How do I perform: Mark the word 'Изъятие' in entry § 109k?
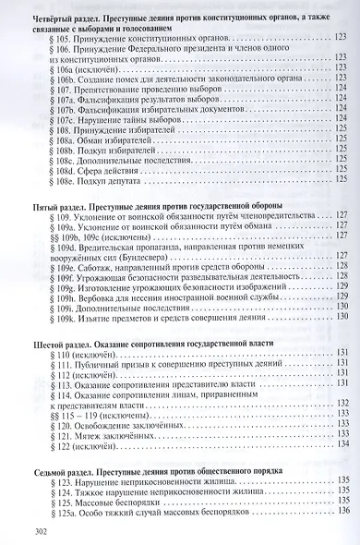click(x=104, y=321)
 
